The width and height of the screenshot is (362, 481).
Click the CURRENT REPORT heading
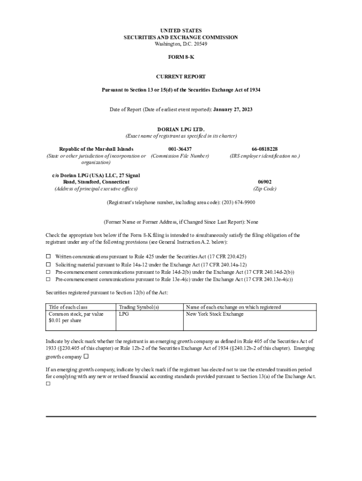coord(181,76)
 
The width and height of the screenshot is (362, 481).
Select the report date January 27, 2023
coord(233,109)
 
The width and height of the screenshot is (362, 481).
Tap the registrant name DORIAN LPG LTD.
coord(181,129)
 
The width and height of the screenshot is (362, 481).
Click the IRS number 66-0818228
coord(264,149)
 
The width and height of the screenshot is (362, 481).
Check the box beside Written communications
coord(48,256)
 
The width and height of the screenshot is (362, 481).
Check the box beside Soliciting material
coord(48,264)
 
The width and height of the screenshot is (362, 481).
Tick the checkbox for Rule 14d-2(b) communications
coord(48,272)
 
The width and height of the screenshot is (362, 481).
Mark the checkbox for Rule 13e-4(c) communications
coord(48,279)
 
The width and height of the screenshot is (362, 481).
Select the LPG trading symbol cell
coord(124,314)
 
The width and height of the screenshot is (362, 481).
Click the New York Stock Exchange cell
coord(214,314)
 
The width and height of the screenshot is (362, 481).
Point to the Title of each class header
coord(68,307)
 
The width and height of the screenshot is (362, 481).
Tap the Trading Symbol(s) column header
coord(139,307)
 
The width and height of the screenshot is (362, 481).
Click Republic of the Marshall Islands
coord(96,149)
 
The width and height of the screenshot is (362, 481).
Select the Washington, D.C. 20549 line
coord(181,44)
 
